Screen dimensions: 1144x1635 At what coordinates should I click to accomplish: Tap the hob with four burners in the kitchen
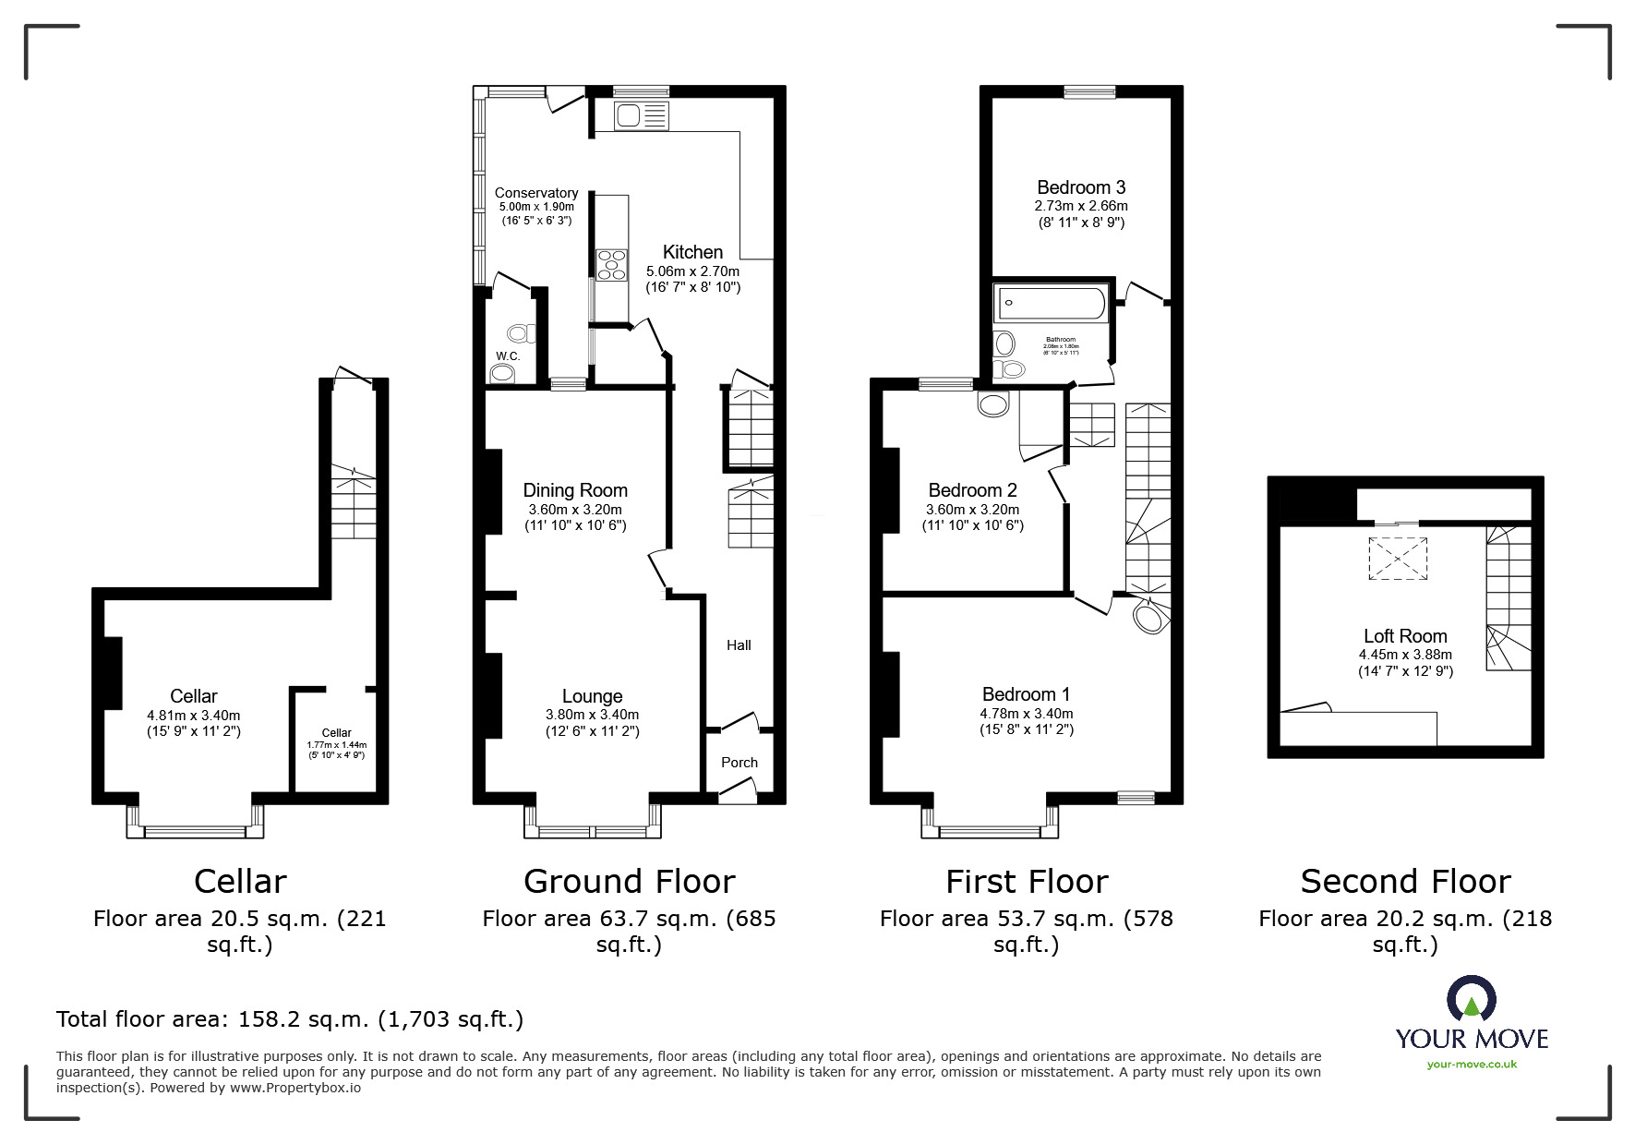coord(610,264)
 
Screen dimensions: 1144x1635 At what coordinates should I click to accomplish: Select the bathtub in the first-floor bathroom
coord(1051,303)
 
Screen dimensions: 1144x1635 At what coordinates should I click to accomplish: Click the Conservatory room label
coord(536,193)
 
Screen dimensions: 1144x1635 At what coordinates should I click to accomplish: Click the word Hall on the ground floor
coord(739,645)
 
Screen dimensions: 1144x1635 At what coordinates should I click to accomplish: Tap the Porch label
coord(739,763)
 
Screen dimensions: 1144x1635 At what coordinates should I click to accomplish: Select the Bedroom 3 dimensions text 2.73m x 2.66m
coord(1081,206)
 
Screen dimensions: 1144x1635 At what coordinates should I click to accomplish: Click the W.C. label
coord(508,356)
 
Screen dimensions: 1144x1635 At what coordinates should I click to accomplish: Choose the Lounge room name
coord(592,696)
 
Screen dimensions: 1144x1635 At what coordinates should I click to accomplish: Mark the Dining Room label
coord(575,490)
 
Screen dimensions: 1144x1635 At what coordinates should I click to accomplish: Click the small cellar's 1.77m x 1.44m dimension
coord(336,745)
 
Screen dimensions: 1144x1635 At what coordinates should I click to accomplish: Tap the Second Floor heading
coord(1405,882)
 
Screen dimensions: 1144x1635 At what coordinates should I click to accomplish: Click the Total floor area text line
coord(290,1019)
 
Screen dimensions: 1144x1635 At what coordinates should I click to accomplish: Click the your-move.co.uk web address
coord(1472,1065)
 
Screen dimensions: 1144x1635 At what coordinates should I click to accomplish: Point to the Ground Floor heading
coord(629,882)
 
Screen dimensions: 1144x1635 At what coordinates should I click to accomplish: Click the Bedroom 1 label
coord(1026,694)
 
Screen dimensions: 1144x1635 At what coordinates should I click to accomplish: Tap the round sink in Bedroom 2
coord(995,404)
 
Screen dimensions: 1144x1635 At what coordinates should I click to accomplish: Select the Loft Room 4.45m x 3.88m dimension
coord(1405,655)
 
